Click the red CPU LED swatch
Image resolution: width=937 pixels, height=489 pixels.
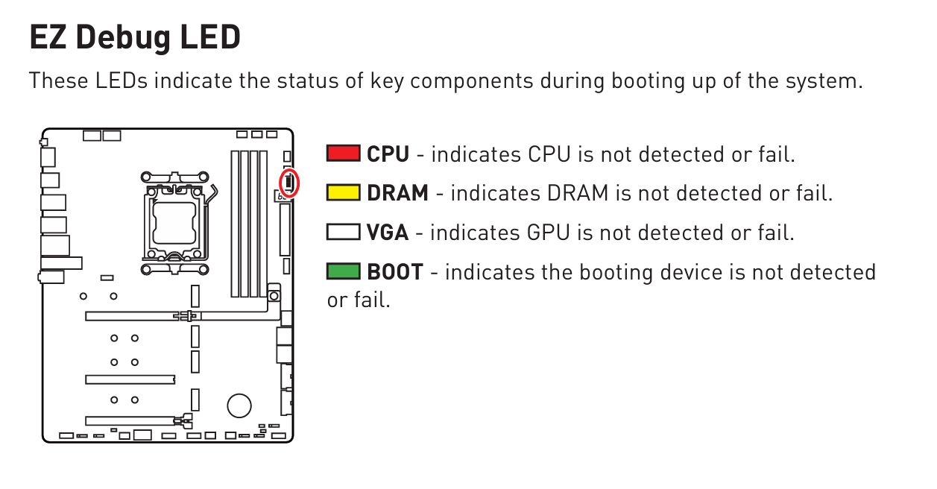pyautogui.click(x=343, y=154)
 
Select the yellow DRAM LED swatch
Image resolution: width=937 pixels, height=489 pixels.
pyautogui.click(x=343, y=192)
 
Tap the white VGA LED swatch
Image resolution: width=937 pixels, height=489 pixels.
pyautogui.click(x=343, y=232)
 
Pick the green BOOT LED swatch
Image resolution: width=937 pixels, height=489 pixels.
pyautogui.click(x=343, y=271)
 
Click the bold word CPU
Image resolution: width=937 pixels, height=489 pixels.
pyautogui.click(x=388, y=154)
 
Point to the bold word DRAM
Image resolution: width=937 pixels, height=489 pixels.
pyautogui.click(x=397, y=193)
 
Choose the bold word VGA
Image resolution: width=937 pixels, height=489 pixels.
pyautogui.click(x=388, y=233)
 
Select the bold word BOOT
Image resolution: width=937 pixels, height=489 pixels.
pyautogui.click(x=395, y=272)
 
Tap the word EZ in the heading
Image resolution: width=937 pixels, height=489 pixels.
pyautogui.click(x=47, y=37)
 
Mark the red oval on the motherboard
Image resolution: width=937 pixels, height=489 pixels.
pyautogui.click(x=288, y=183)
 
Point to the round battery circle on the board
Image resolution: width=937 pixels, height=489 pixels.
pyautogui.click(x=239, y=405)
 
